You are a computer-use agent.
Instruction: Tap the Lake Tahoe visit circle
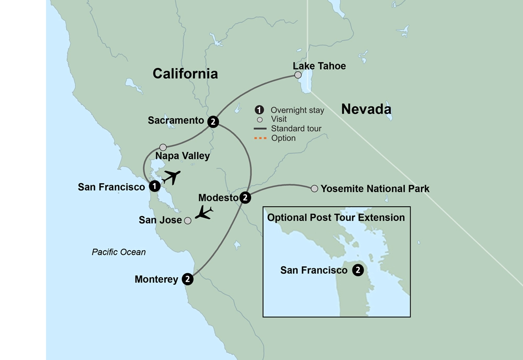298,75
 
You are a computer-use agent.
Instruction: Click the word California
185,74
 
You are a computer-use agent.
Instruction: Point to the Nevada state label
366,109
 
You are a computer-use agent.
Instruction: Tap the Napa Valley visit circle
163,148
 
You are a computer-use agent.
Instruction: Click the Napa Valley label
183,156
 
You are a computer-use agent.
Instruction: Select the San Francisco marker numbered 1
154,186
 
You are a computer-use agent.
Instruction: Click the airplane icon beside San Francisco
171,177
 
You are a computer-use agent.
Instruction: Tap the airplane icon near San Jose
203,212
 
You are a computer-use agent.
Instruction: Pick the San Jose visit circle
188,221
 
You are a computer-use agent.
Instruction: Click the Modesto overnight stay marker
245,198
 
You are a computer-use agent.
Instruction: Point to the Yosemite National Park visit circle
314,188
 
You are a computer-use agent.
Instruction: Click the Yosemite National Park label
375,188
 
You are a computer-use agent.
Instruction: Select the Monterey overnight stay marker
188,279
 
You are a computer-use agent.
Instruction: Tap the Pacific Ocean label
119,252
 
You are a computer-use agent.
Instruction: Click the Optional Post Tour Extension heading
336,217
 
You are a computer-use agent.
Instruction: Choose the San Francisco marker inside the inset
358,271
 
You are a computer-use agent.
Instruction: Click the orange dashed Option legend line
260,138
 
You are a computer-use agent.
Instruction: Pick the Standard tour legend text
296,129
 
